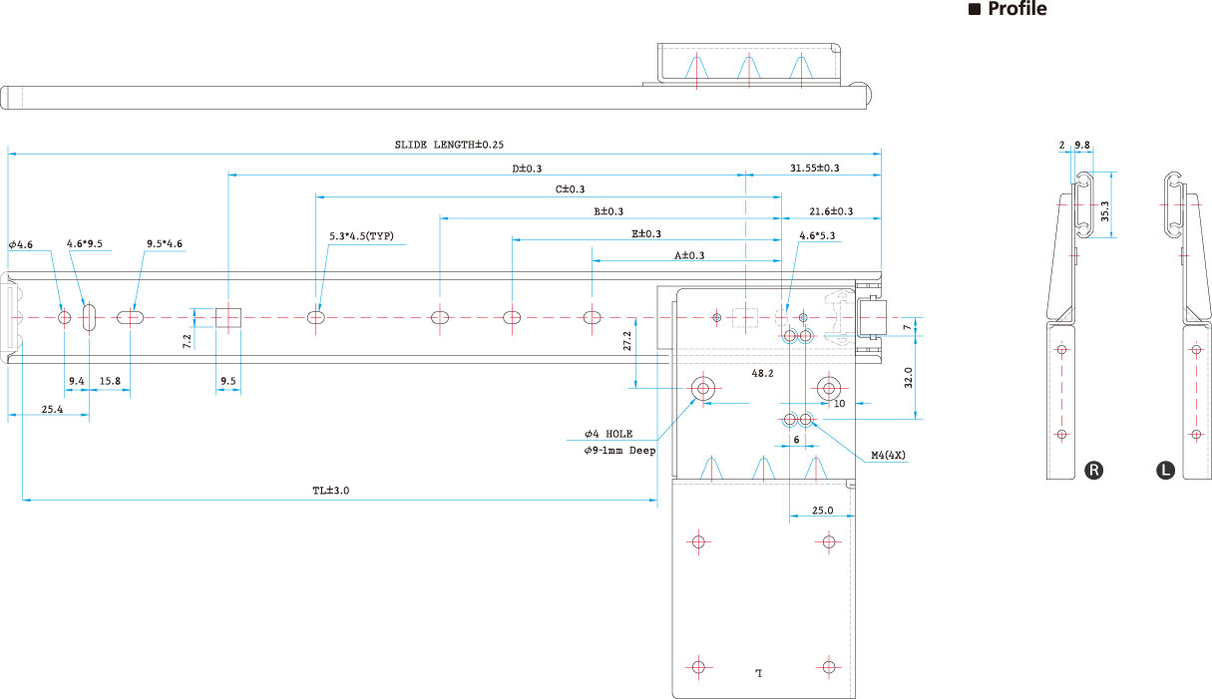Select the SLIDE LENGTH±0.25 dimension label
tap(449, 145)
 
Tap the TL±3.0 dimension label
tap(330, 491)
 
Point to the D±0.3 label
tap(527, 169)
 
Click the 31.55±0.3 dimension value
tap(814, 169)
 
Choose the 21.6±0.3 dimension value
tap(831, 211)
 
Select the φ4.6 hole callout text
tap(21, 244)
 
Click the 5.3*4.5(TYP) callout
tap(361, 236)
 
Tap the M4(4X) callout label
tap(888, 455)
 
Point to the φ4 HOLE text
tap(608, 434)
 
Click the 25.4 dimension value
tap(53, 410)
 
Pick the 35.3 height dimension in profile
tap(1105, 211)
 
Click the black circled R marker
tap(1093, 470)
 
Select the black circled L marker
tap(1165, 470)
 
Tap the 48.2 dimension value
tap(762, 373)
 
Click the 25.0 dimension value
tap(822, 511)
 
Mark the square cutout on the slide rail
tap(228, 317)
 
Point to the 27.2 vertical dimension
tap(627, 341)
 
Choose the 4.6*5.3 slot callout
tap(817, 236)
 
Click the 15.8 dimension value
tap(110, 381)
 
